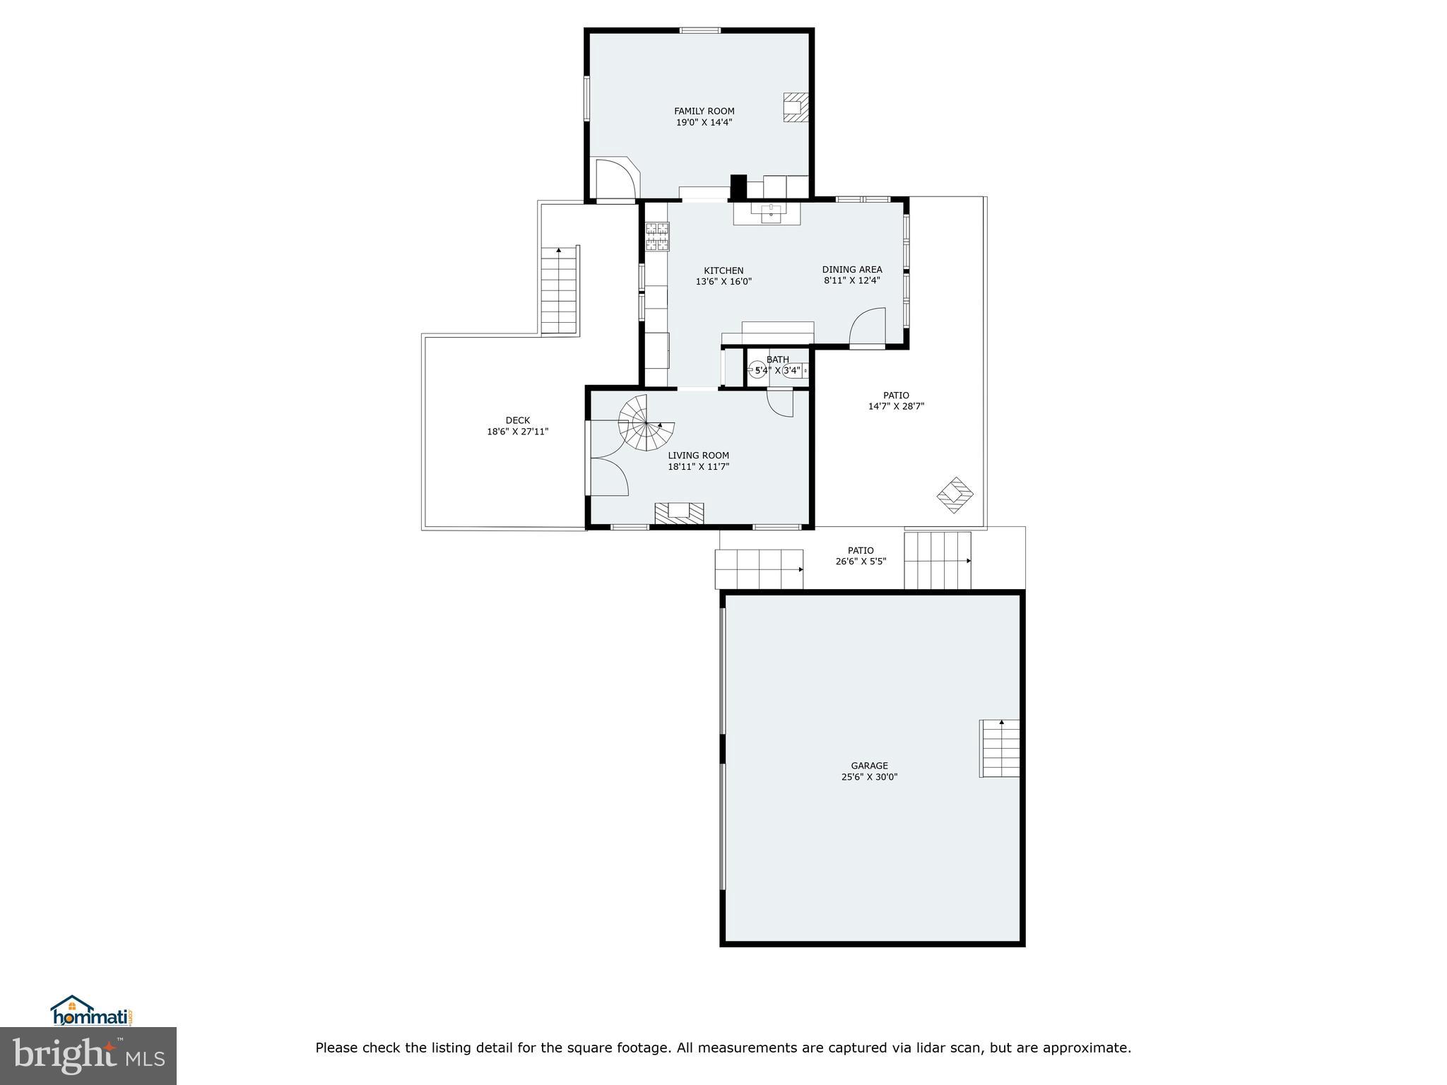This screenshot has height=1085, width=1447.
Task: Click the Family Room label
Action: (x=704, y=111)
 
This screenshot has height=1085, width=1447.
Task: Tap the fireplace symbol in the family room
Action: (x=795, y=107)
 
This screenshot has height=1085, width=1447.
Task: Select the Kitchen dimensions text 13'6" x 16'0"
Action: (x=723, y=282)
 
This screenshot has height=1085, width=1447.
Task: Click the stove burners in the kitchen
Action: (x=656, y=237)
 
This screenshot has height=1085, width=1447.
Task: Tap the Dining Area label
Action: (x=851, y=269)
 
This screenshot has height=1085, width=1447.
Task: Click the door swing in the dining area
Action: (x=867, y=326)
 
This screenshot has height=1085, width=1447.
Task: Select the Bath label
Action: (x=777, y=360)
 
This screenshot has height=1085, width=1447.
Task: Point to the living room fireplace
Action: (x=680, y=513)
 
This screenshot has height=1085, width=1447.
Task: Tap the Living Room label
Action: (x=698, y=456)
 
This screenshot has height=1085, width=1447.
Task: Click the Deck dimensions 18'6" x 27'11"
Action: (x=517, y=432)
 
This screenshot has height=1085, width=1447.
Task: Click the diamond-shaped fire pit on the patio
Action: (x=955, y=494)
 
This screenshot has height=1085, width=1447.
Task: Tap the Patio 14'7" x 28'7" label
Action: (x=896, y=401)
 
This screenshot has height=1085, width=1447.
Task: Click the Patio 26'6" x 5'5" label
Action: (x=860, y=556)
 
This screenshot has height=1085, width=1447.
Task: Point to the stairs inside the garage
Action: (x=999, y=748)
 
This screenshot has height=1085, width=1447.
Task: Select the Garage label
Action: (x=869, y=766)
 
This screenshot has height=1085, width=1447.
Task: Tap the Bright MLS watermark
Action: (x=88, y=1055)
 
